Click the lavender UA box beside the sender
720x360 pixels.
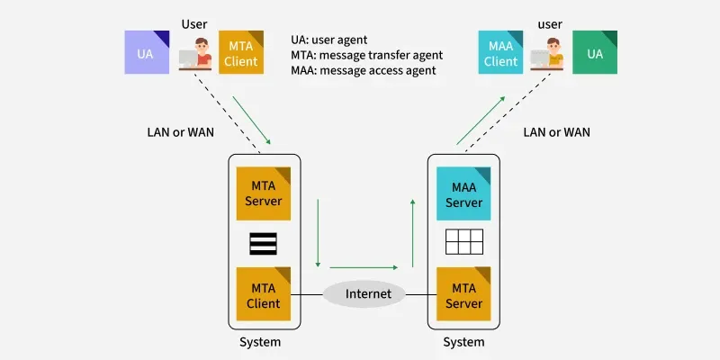point(147,52)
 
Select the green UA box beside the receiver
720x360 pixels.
point(595,52)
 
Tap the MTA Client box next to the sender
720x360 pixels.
point(240,52)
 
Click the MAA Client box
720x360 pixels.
point(500,52)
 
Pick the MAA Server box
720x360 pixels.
point(464,193)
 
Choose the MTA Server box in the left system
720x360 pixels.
point(264,193)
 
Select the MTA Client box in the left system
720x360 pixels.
point(264,294)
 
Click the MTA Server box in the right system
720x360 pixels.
point(464,294)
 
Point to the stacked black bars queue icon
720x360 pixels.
point(264,244)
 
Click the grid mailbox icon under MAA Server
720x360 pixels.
point(464,242)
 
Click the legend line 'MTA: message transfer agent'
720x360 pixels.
point(366,55)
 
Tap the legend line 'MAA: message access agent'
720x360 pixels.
point(364,70)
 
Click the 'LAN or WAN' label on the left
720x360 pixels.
point(181,131)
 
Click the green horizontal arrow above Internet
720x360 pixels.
point(364,266)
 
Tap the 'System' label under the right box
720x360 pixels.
point(463,342)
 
